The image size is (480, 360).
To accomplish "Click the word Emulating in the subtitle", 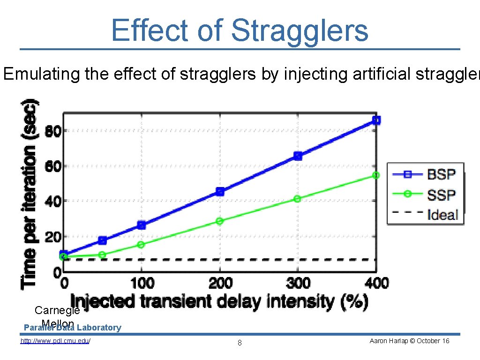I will click(42, 74).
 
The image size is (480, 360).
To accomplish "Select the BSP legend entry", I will click(441, 174).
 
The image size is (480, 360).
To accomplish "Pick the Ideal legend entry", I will click(442, 214).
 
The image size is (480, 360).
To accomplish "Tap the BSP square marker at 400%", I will click(376, 120).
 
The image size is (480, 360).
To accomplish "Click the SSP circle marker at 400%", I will click(376, 175).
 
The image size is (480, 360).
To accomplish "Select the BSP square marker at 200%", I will click(220, 191).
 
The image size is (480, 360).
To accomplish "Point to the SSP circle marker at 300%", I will click(297, 199).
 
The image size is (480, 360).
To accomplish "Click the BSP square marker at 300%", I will click(298, 156).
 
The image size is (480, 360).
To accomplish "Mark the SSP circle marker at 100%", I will click(141, 245).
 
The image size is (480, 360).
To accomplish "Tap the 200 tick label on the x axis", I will click(220, 283).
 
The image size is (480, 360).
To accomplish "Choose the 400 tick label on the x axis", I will click(376, 283).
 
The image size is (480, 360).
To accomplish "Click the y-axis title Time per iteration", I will click(30, 192).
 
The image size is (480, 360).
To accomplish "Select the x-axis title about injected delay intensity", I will click(219, 301).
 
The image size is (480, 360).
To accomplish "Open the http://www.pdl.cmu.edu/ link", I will click(55, 341).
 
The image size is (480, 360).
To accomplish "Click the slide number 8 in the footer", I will click(240, 343).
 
